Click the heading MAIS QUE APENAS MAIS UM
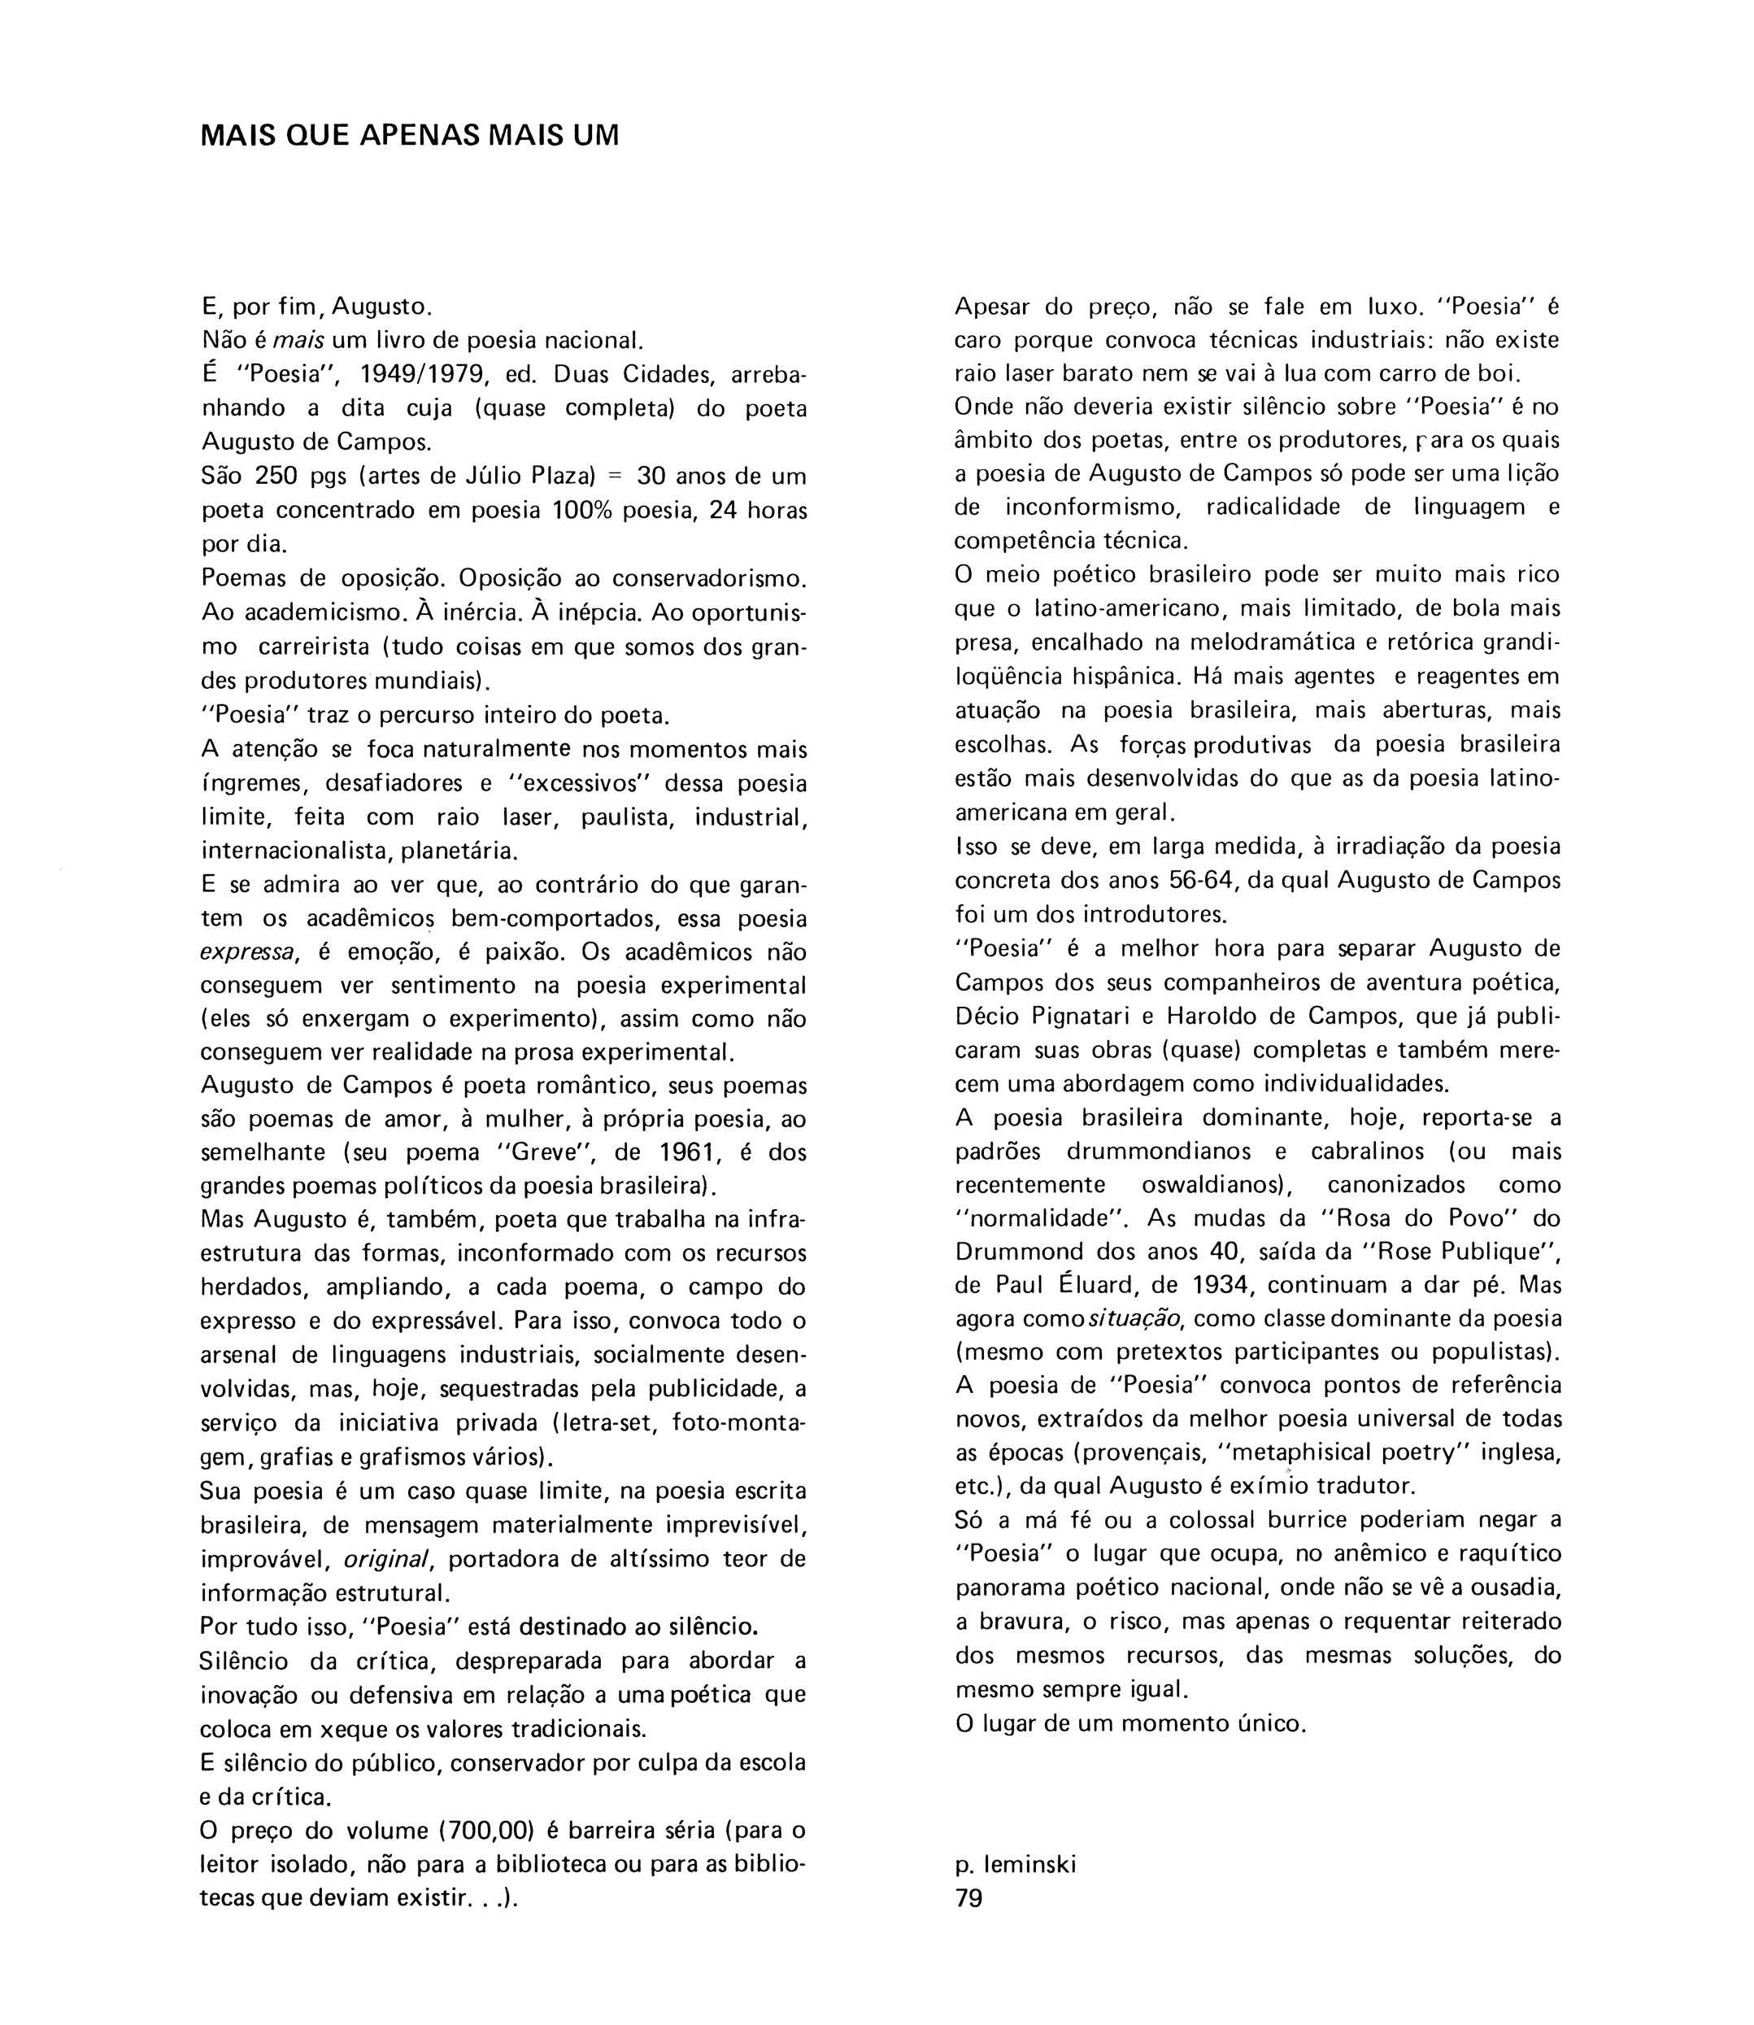coord(409,135)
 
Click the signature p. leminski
coord(1015,1865)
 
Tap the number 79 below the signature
coord(969,1899)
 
